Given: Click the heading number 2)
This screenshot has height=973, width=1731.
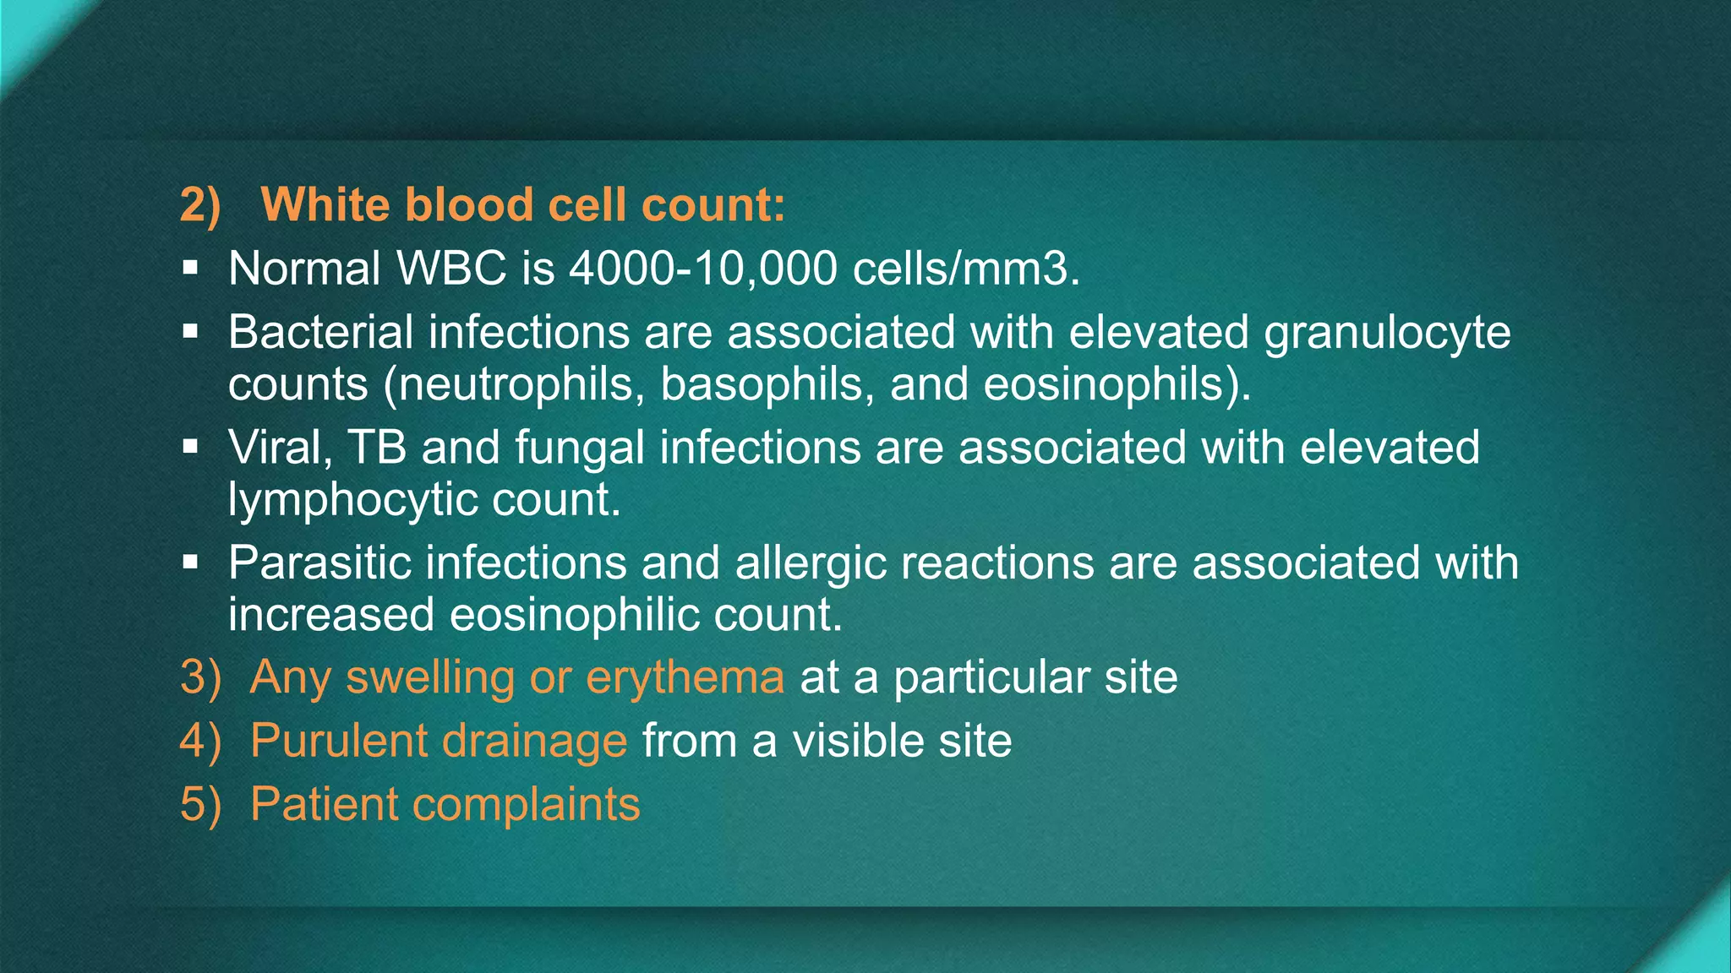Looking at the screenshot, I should coord(200,205).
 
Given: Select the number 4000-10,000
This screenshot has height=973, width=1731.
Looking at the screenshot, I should coord(702,269).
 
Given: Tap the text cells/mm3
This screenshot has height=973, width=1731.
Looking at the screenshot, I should coord(965,269).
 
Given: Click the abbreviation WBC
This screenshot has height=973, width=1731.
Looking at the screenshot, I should coord(451,269).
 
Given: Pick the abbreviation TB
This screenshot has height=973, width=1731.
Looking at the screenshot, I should coord(377,448).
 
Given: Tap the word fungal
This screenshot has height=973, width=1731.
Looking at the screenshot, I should coord(579,448).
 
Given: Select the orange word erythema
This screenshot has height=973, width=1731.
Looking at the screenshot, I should coord(685,677).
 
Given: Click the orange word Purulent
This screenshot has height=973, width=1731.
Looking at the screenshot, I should coord(338,741).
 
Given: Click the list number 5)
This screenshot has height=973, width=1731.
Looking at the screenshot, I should coord(200,804).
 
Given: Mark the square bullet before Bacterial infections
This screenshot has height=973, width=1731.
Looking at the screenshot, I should coord(190,331).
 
